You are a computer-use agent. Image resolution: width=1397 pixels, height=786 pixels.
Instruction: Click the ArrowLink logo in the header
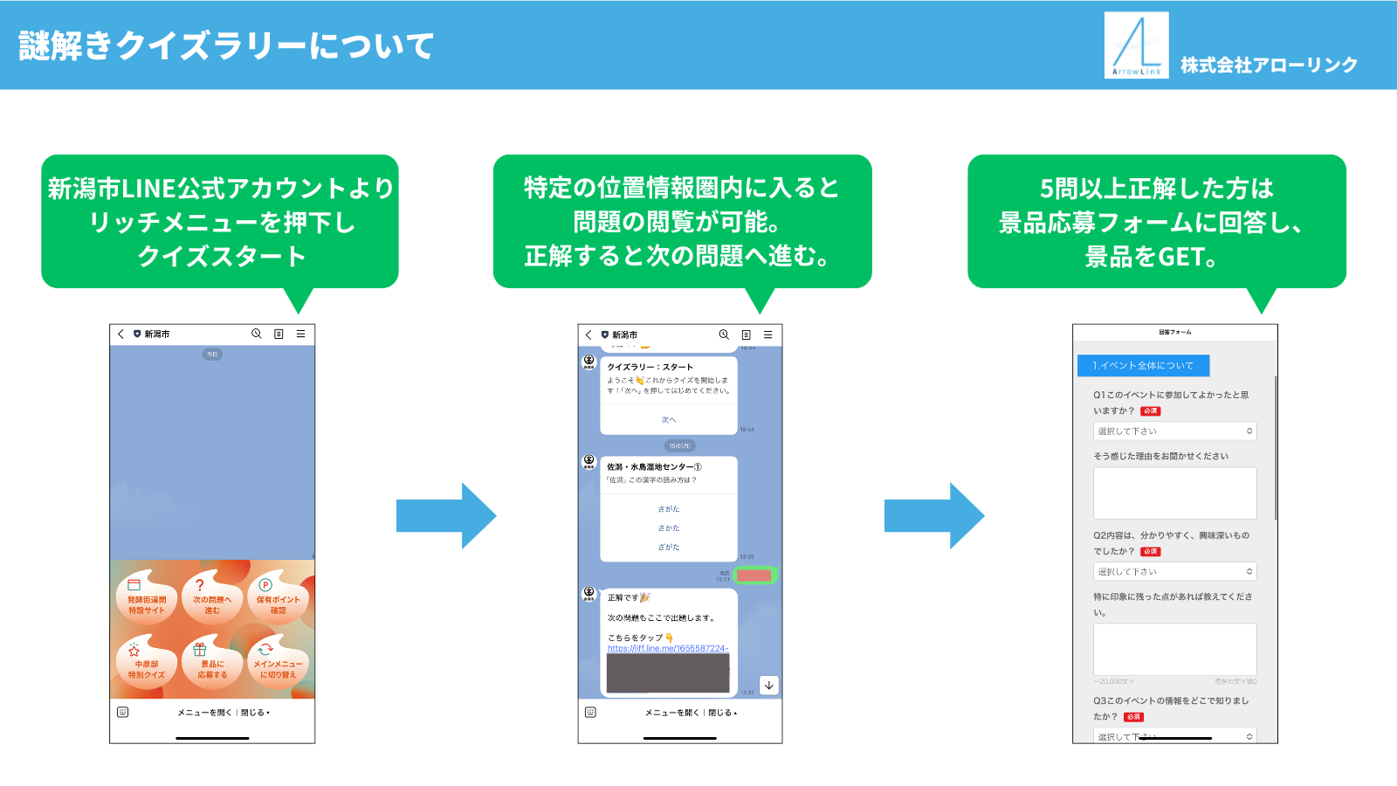coord(1136,45)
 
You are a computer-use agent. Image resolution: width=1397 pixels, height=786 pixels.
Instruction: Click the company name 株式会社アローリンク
coord(1269,65)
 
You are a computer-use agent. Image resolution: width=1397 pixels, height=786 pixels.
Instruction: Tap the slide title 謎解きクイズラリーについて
coord(226,45)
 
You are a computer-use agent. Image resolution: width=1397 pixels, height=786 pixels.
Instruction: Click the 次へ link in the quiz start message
coord(669,420)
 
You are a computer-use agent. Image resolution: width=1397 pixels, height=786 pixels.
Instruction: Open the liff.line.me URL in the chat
coord(667,648)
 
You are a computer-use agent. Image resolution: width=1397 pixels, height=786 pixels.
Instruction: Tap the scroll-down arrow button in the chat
coord(768,686)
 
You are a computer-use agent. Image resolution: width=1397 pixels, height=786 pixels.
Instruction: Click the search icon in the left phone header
coord(257,334)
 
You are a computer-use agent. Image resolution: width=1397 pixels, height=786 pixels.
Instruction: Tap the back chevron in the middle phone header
coord(589,334)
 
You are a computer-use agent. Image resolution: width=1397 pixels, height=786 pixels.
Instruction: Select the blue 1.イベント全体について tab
coord(1143,365)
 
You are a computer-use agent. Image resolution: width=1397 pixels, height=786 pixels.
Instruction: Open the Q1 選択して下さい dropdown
coord(1174,431)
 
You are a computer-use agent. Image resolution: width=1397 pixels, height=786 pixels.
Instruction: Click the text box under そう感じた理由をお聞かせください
coord(1174,493)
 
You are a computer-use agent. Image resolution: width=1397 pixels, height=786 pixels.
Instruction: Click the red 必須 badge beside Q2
coord(1151,552)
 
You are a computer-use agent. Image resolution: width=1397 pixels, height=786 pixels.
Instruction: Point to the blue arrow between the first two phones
coord(445,515)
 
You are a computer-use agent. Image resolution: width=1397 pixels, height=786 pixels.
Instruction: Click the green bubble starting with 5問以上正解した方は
coord(1156,222)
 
